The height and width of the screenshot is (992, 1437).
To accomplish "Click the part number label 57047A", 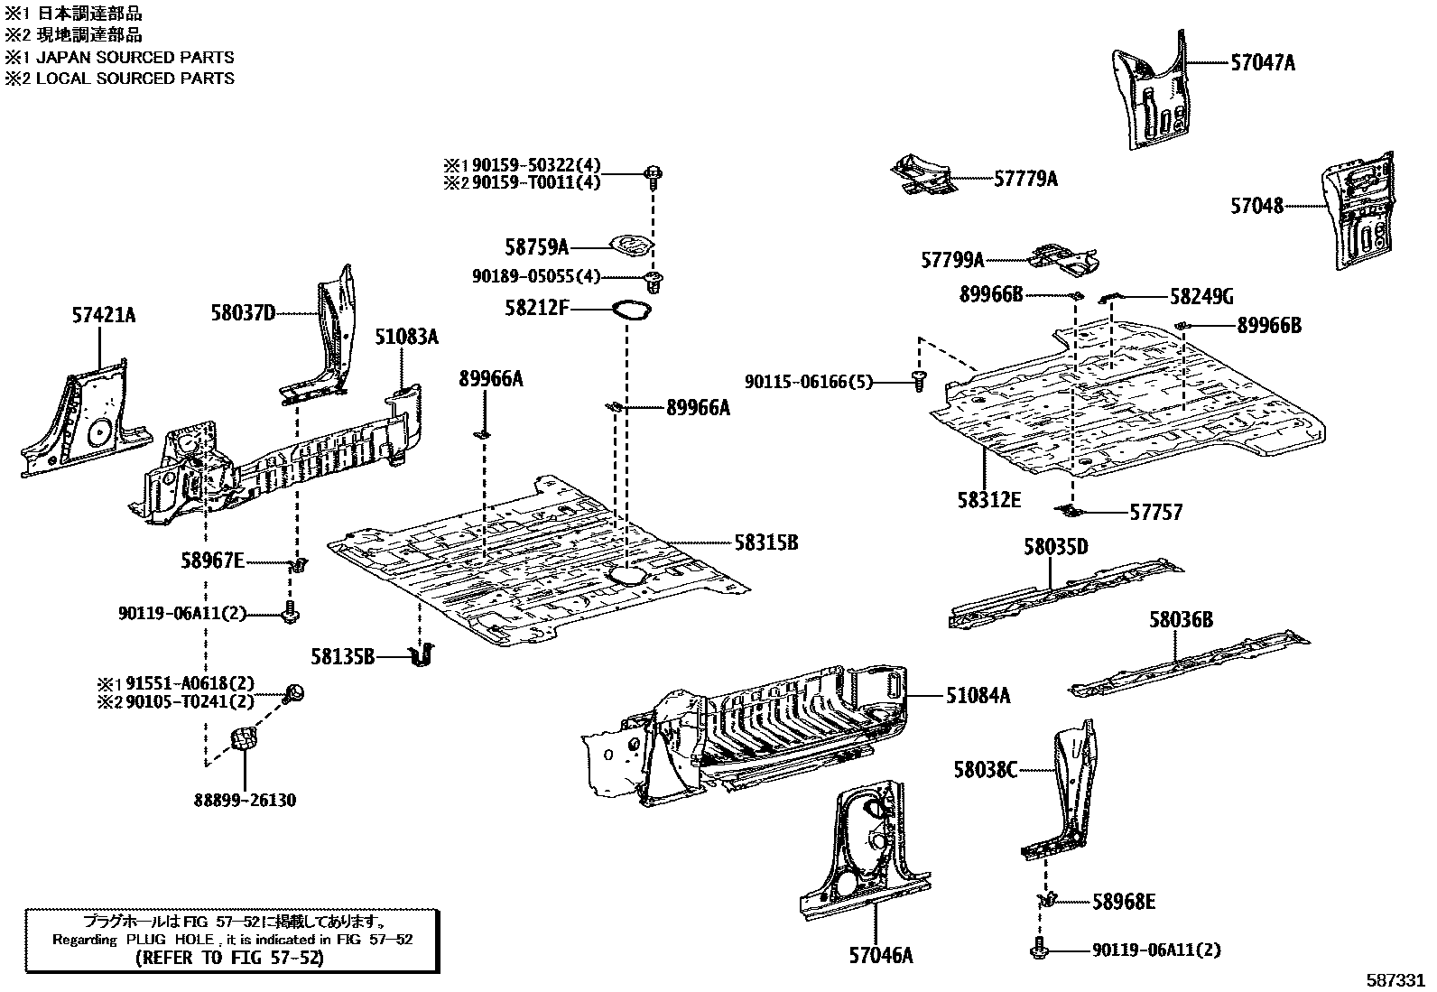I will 1262,63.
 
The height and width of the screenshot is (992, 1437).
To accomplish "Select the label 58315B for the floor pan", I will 765,543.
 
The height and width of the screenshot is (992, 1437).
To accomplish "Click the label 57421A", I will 104,315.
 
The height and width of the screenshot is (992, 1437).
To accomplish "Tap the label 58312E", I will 989,499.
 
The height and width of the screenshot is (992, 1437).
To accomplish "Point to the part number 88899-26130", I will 245,801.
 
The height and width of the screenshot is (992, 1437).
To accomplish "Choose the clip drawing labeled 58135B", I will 421,655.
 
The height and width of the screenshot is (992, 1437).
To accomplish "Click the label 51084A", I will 978,696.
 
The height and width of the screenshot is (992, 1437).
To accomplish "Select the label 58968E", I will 1124,902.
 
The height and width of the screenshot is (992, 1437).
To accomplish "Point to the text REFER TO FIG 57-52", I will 229,958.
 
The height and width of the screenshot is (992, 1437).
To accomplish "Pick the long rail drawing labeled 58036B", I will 1188,666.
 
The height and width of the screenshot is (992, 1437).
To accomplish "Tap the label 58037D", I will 243,313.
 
